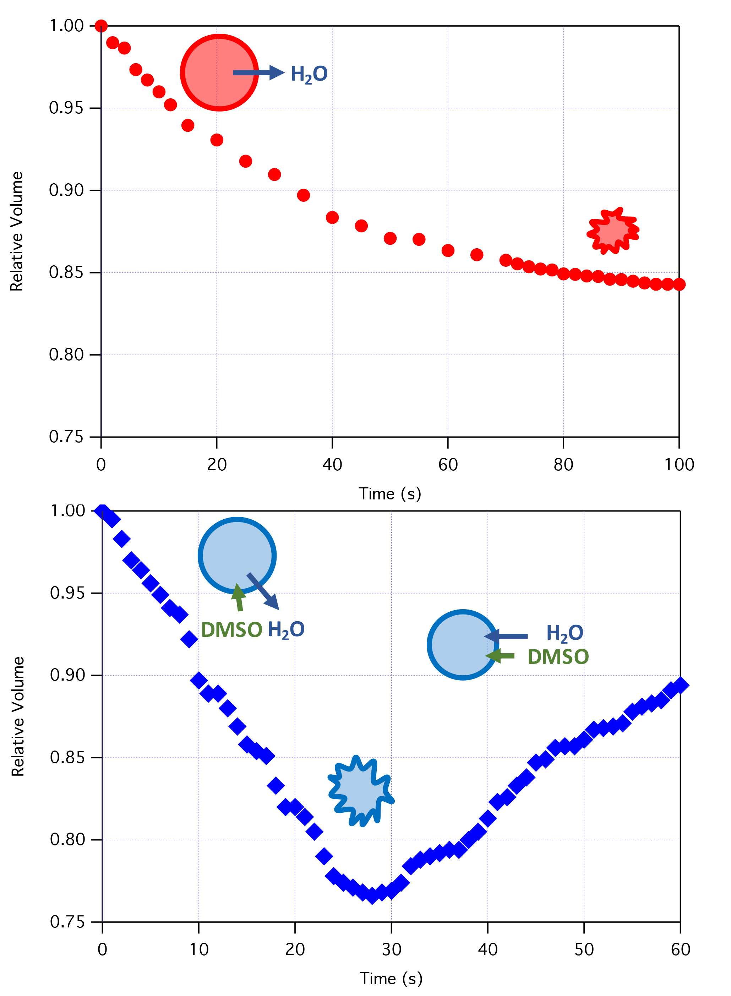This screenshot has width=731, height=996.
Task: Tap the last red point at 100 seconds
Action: click(679, 285)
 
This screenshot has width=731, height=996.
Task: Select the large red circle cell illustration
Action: click(219, 72)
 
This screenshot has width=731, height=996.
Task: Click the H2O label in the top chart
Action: click(309, 74)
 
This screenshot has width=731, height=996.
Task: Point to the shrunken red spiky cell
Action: click(613, 231)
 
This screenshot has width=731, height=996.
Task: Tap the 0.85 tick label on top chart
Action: click(66, 272)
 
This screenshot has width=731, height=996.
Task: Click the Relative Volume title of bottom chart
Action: click(18, 716)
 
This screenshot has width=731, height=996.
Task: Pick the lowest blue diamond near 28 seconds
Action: click(372, 895)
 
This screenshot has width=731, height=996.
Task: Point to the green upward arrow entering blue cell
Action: click(239, 597)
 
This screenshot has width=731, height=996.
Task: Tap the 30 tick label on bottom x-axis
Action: click(391, 949)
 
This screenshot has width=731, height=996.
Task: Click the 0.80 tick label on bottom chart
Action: click(67, 839)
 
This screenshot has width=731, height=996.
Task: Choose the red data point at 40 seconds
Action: click(332, 217)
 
